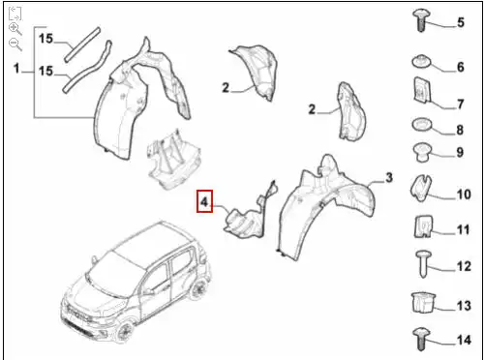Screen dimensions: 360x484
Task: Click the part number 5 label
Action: tap(461, 22)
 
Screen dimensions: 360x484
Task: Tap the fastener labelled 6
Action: tap(422, 64)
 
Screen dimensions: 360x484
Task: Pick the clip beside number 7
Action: tap(422, 93)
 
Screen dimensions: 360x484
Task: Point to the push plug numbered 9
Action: tap(422, 151)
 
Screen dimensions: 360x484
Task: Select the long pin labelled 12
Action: tap(422, 262)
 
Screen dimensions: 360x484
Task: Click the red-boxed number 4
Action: tap(204, 202)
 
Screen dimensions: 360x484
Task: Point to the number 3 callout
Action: tap(389, 178)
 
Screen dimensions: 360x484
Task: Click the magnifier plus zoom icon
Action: tap(15, 29)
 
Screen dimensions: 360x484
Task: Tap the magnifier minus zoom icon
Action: tap(15, 45)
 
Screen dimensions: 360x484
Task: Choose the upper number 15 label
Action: tap(45, 39)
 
